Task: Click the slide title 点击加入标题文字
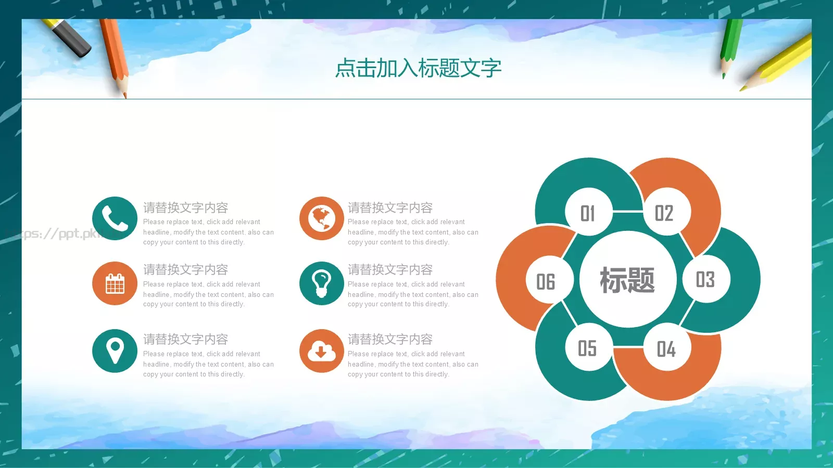click(x=418, y=68)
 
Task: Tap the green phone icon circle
click(x=115, y=218)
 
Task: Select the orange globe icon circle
click(x=321, y=218)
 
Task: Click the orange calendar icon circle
click(x=115, y=283)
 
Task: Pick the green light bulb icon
click(x=321, y=283)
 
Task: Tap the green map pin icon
click(x=115, y=351)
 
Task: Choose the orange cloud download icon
click(x=321, y=351)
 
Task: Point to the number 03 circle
click(x=705, y=279)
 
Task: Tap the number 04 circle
click(x=666, y=348)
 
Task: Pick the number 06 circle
click(x=546, y=281)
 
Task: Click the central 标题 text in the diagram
click(x=627, y=280)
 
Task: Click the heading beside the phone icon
click(x=186, y=208)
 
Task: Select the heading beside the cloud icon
click(x=390, y=340)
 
